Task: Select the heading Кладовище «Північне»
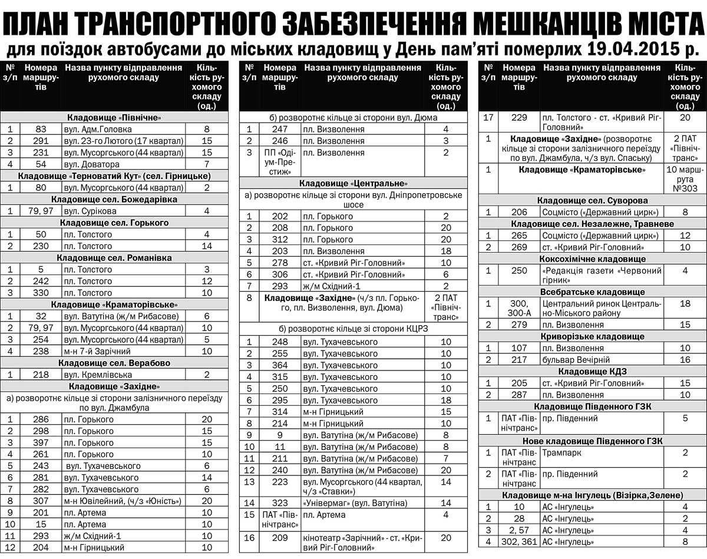114,117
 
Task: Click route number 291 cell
41,141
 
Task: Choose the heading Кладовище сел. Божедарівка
114,199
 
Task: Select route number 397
41,443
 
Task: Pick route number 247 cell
280,129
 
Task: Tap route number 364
280,365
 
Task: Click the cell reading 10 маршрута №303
685,179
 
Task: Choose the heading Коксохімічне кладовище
593,259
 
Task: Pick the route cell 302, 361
518,542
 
